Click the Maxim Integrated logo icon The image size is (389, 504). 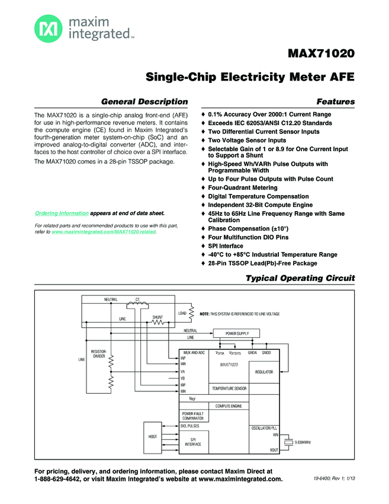point(47,27)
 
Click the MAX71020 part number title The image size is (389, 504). point(321,54)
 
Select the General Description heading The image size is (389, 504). point(144,102)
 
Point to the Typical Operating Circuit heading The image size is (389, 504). point(300,278)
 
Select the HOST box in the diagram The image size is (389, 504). point(153,436)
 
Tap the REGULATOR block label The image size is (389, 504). point(263,372)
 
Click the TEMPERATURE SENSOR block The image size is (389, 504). point(229,388)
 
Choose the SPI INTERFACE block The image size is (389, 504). point(193,441)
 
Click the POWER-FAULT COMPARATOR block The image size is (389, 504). point(192,416)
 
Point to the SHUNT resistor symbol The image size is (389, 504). point(157,323)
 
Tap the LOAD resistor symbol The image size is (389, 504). point(192,313)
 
